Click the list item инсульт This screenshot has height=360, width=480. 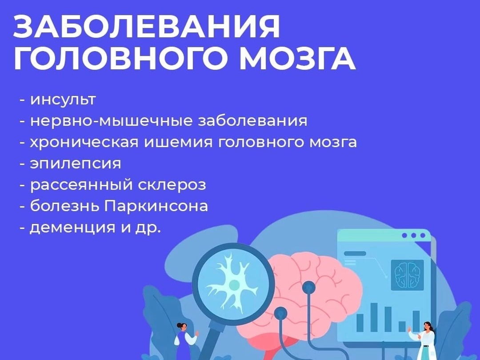click(x=63, y=100)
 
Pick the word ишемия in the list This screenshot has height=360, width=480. click(x=178, y=142)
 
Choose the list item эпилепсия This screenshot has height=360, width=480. click(x=75, y=164)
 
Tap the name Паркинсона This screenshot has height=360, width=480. click(x=156, y=206)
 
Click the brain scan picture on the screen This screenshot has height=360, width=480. click(x=408, y=275)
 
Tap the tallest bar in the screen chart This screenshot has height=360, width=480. click(x=374, y=317)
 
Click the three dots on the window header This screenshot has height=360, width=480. click(x=414, y=236)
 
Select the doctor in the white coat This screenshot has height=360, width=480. click(x=425, y=340)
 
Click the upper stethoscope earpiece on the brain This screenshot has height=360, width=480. click(x=308, y=288)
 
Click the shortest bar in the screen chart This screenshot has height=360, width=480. click(x=402, y=326)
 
